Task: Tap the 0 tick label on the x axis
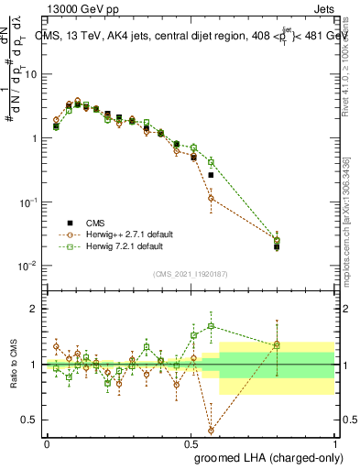47,442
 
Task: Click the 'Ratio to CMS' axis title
12,365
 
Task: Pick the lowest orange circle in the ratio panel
211,430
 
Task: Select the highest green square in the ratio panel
211,325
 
